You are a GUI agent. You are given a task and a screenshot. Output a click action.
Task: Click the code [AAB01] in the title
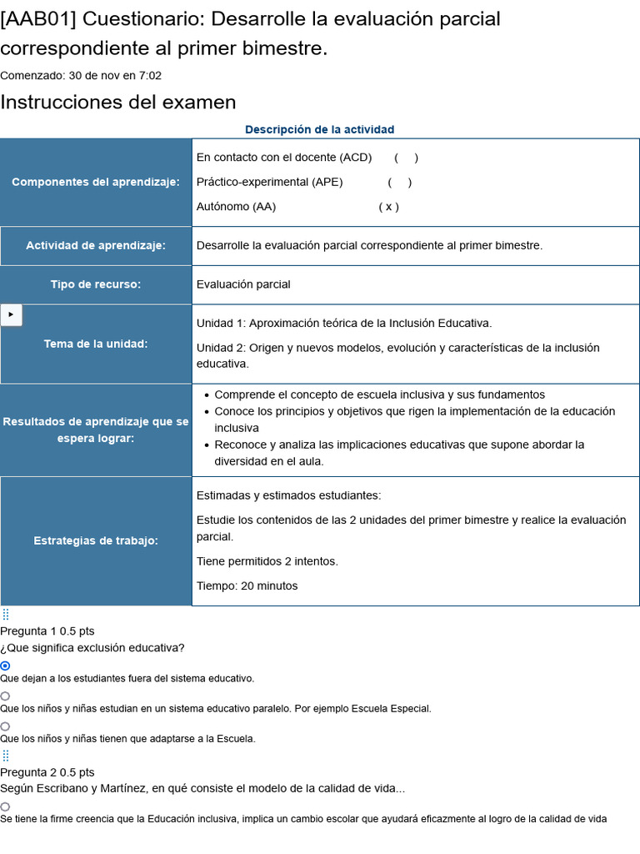[38, 18]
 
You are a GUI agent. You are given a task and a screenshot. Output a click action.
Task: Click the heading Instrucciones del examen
[118, 103]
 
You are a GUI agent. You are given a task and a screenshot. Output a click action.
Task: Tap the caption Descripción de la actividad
[319, 129]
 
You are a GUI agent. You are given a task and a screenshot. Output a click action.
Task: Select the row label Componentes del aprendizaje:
[96, 182]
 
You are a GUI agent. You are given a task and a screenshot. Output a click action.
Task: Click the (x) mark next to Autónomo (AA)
[388, 207]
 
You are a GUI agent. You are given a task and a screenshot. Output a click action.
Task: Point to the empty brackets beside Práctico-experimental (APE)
[399, 182]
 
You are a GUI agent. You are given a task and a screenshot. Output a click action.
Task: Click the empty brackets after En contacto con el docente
[406, 158]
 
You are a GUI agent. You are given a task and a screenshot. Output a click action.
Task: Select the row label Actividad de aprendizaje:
[96, 245]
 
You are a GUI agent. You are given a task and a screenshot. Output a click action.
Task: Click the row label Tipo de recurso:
[96, 284]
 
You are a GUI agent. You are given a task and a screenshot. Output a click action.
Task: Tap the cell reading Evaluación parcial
[243, 284]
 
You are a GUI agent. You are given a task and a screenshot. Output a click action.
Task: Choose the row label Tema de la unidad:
[96, 344]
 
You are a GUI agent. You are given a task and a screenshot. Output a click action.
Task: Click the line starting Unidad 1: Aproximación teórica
[344, 323]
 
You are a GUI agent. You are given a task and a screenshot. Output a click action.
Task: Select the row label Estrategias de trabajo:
[96, 540]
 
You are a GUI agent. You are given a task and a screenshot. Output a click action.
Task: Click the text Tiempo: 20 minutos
[247, 585]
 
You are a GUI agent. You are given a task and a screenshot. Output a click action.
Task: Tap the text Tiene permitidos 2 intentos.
[267, 561]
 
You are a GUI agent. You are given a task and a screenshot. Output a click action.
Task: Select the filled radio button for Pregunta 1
[5, 666]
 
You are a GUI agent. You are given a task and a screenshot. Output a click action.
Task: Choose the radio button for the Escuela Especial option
[5, 696]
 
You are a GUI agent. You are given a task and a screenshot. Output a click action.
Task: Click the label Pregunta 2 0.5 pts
[47, 772]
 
